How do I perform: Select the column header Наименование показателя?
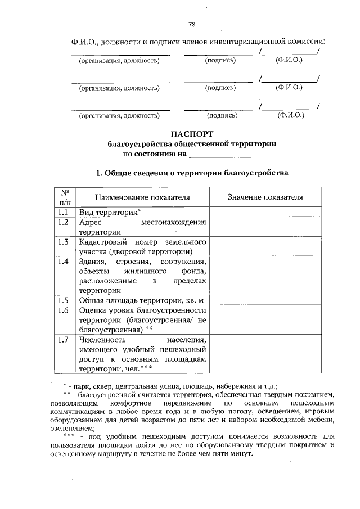click(x=142, y=197)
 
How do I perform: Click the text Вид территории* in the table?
click(x=110, y=212)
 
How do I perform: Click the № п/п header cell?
click(x=65, y=197)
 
